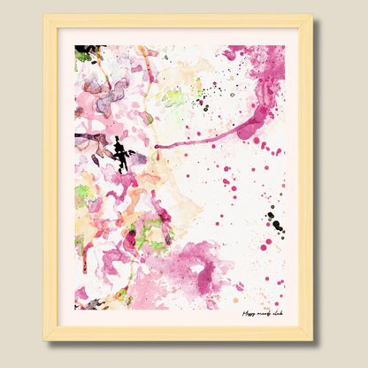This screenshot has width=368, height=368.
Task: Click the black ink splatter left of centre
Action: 121,154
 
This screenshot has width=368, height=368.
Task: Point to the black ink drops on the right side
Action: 275,221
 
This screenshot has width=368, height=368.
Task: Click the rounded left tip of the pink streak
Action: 157,147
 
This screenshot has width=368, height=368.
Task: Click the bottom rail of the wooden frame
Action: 177,333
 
